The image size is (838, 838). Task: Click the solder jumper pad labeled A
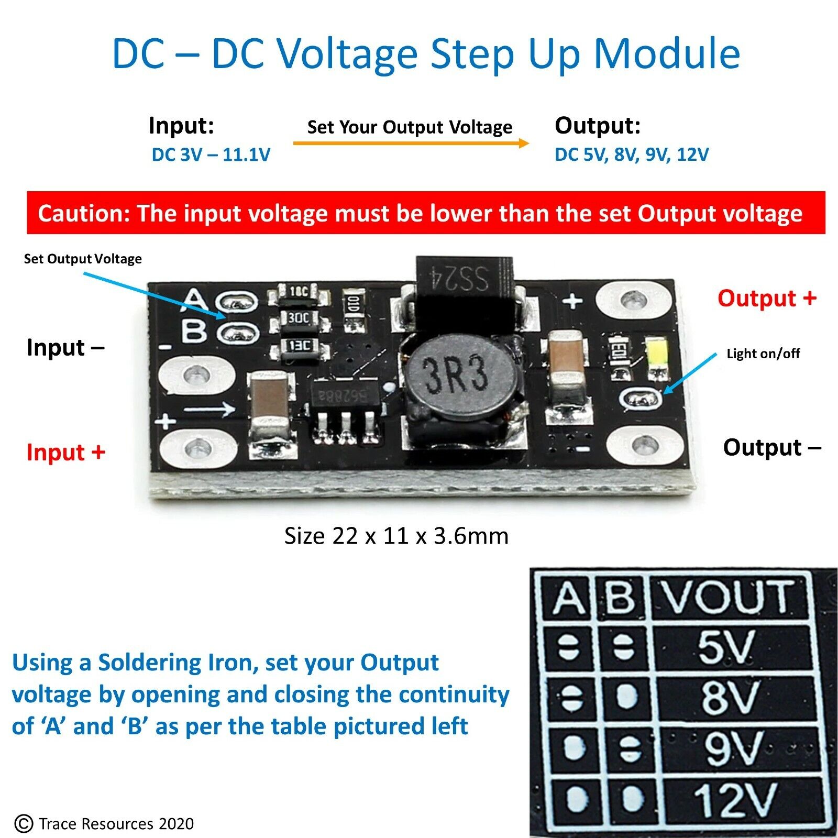point(238,302)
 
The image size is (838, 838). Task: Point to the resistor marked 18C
point(299,291)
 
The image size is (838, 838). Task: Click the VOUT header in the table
point(728,597)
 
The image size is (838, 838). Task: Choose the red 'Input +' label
point(66,453)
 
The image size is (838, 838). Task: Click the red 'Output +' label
point(767,298)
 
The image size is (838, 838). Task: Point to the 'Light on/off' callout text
point(763,354)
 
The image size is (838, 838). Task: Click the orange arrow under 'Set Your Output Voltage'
point(411,143)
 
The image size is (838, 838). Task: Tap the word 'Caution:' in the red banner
point(83,214)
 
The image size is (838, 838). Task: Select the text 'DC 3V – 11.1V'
point(211,155)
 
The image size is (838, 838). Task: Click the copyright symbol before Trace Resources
point(24,823)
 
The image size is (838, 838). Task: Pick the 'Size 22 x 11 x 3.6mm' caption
point(396,536)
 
